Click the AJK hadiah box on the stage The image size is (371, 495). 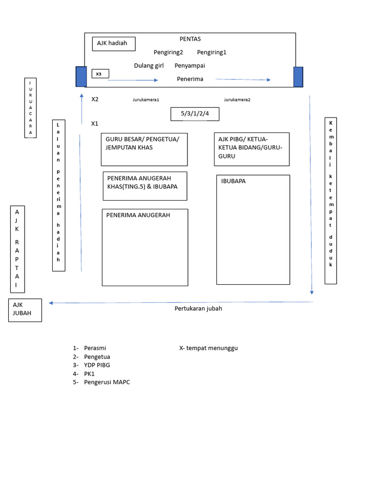coord(114,44)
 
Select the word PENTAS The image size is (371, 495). coord(190,39)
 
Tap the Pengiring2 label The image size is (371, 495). coord(168,52)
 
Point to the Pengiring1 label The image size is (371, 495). coord(212,52)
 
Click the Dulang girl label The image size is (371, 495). coord(149,66)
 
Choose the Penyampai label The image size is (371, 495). coord(190,66)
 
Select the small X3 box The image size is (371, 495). coord(100,74)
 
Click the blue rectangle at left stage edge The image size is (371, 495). coord(81,76)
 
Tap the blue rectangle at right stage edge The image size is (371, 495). coord(298,76)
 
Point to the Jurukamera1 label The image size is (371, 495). coord(146,100)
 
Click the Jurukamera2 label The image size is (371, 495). coord(237,100)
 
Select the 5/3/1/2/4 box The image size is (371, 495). coord(195,114)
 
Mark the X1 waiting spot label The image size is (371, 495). coord(95,124)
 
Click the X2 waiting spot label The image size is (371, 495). coord(95,99)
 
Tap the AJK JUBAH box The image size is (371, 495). coord(25,310)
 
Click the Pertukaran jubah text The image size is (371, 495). coord(198,308)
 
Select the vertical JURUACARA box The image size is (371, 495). coord(30,108)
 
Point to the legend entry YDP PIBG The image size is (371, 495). coord(97,365)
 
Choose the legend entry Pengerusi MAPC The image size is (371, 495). coord(107,382)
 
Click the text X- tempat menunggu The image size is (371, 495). coord(208,348)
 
